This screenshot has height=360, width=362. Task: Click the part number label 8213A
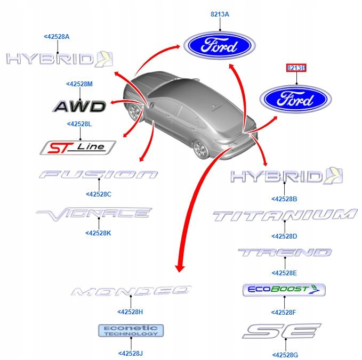[220, 15]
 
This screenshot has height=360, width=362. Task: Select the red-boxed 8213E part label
[296, 68]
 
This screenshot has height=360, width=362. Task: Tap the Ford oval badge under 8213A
[220, 45]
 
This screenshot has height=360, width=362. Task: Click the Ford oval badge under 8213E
[296, 100]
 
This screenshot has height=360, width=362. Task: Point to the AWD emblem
[80, 107]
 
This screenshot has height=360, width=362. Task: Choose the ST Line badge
[78, 147]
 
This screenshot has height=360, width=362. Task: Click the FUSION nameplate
[99, 174]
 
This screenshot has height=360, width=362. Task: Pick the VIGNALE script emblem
[94, 214]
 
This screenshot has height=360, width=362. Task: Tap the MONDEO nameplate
[131, 291]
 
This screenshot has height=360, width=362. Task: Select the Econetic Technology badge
[131, 331]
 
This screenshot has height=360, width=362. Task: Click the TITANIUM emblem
[285, 215]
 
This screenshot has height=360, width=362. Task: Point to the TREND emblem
[285, 252]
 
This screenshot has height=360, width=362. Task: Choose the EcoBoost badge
[284, 290]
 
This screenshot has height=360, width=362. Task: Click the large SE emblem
[281, 331]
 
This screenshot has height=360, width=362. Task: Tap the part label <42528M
[79, 84]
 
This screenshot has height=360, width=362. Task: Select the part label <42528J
[131, 353]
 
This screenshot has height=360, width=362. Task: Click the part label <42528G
[285, 355]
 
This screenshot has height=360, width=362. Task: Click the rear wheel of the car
[201, 150]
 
